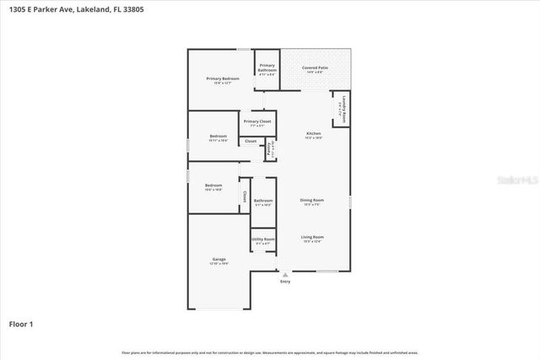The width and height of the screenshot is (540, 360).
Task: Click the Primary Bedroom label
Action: pyautogui.click(x=224, y=78)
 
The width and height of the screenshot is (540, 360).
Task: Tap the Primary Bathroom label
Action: pyautogui.click(x=267, y=67)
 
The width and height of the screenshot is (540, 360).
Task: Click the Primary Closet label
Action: pyautogui.click(x=257, y=121)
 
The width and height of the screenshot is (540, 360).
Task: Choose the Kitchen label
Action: pyautogui.click(x=313, y=134)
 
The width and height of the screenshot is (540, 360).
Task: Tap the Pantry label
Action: pyautogui.click(x=269, y=150)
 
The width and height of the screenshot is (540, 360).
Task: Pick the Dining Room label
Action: pyautogui.click(x=312, y=200)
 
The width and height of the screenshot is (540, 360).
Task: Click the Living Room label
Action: pyautogui.click(x=312, y=237)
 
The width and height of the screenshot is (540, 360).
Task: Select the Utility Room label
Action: pyautogui.click(x=263, y=239)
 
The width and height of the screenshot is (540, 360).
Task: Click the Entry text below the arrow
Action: pyautogui.click(x=285, y=282)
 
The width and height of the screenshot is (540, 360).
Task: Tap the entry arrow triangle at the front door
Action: pyautogui.click(x=285, y=274)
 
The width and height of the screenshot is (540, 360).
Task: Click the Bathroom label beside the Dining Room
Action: pyautogui.click(x=262, y=201)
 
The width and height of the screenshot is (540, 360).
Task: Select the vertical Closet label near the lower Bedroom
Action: pyautogui.click(x=245, y=196)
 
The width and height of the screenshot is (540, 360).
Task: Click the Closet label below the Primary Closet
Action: pyautogui.click(x=251, y=141)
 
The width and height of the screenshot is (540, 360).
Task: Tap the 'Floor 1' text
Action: pyautogui.click(x=21, y=324)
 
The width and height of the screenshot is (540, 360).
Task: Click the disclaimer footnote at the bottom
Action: pyautogui.click(x=269, y=352)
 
